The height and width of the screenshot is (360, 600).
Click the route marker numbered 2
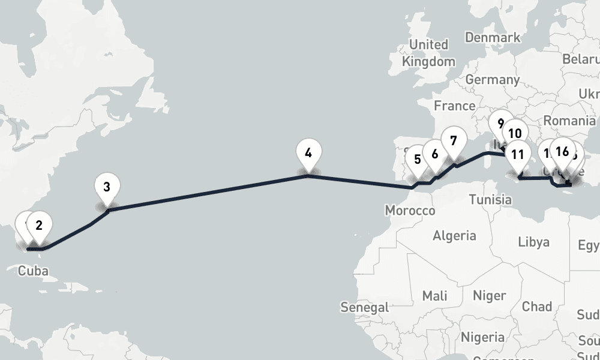click(39, 226)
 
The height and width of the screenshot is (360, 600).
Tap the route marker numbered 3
click(107, 187)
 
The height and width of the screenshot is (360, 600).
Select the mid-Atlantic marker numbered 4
click(308, 153)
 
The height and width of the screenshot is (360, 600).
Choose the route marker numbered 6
click(435, 153)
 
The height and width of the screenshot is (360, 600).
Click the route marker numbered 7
click(453, 142)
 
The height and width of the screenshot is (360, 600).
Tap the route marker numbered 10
click(514, 134)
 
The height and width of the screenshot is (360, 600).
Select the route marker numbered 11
click(517, 154)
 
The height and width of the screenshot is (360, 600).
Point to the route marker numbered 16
click(562, 151)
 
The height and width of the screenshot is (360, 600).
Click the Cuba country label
click(32, 271)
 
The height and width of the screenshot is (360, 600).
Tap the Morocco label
click(410, 211)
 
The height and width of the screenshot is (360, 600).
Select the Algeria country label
click(454, 235)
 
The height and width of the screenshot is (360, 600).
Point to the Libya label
click(533, 242)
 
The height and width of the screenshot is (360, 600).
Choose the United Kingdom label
click(428, 53)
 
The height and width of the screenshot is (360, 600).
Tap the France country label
click(454, 106)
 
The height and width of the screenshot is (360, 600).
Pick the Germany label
click(492, 79)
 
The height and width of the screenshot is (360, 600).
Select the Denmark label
click(493, 38)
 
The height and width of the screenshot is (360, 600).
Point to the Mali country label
click(434, 295)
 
